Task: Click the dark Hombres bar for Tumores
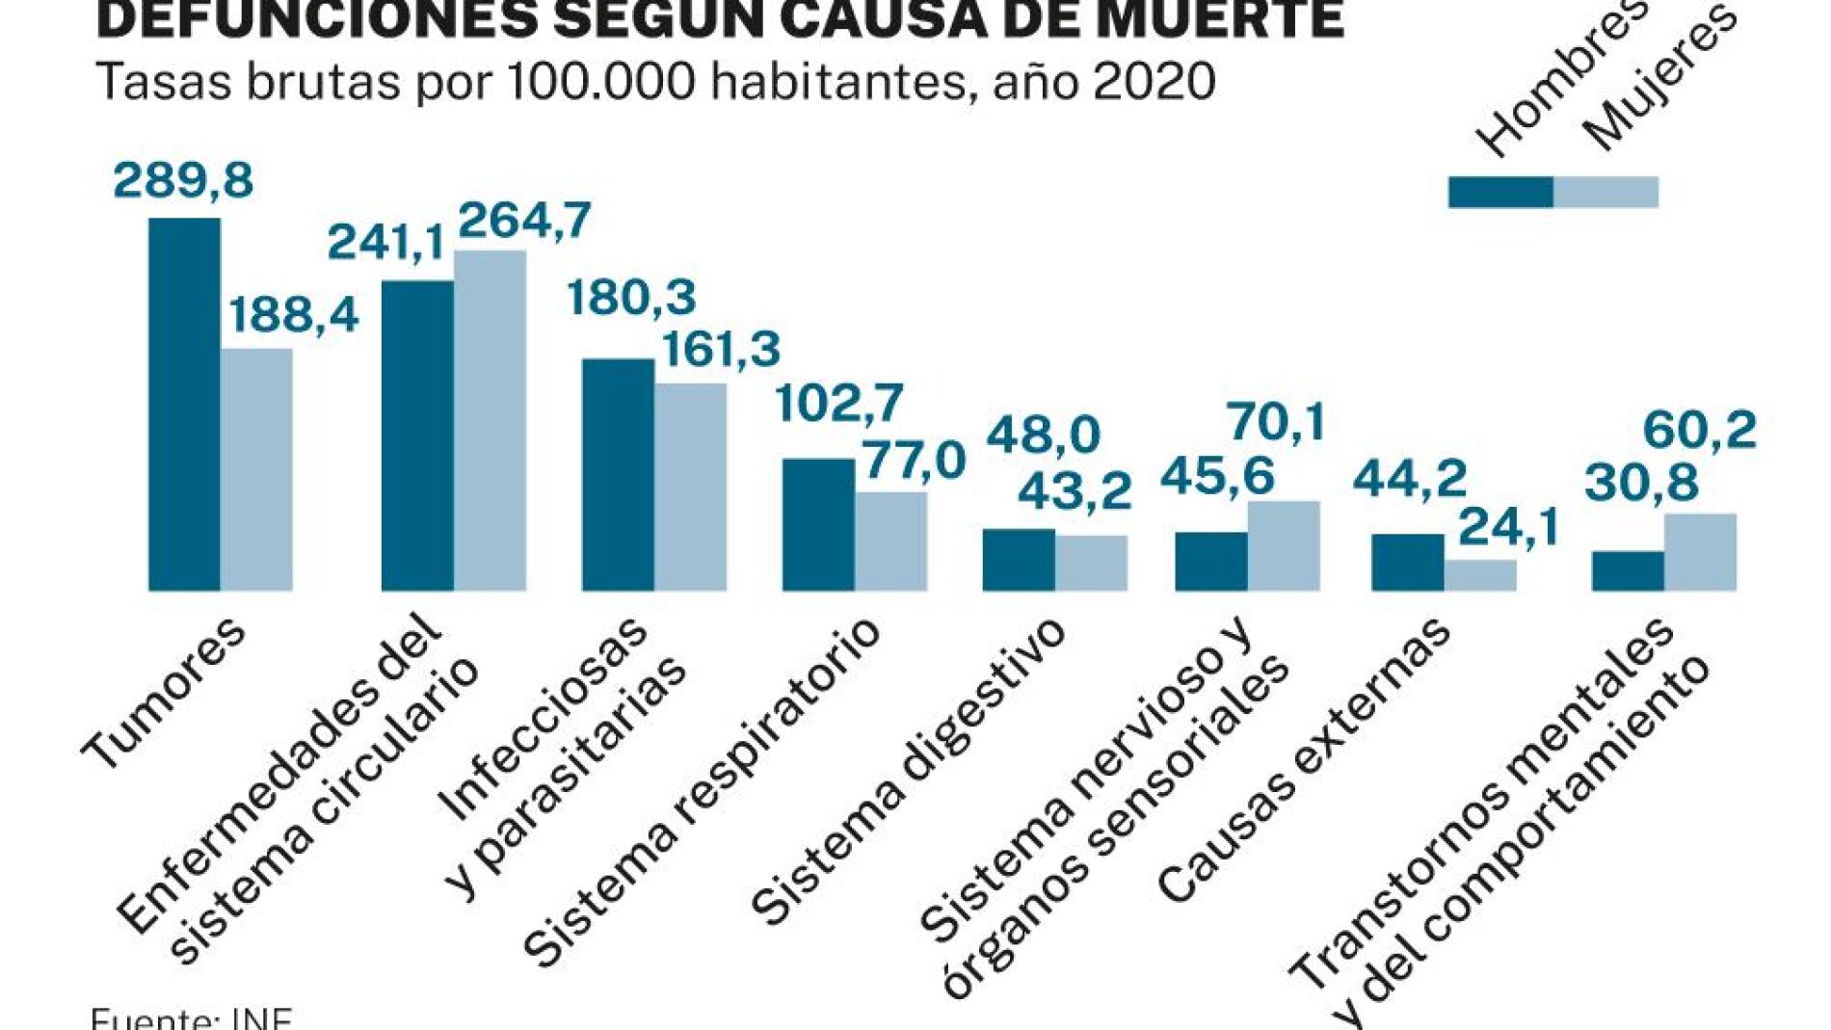point(184,405)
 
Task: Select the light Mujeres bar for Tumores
point(256,469)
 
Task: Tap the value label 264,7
point(523,222)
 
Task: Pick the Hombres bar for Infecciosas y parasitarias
point(618,474)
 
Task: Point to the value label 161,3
point(721,350)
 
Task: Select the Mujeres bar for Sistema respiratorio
point(890,541)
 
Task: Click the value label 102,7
point(839,403)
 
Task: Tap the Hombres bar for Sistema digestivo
point(1019,560)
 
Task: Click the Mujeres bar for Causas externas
point(1480,575)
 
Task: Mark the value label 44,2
point(1409,479)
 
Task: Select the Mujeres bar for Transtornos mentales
point(1700,552)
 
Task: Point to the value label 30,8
point(1641,483)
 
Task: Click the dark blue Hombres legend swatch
point(1500,192)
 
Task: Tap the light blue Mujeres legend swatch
point(1605,192)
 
